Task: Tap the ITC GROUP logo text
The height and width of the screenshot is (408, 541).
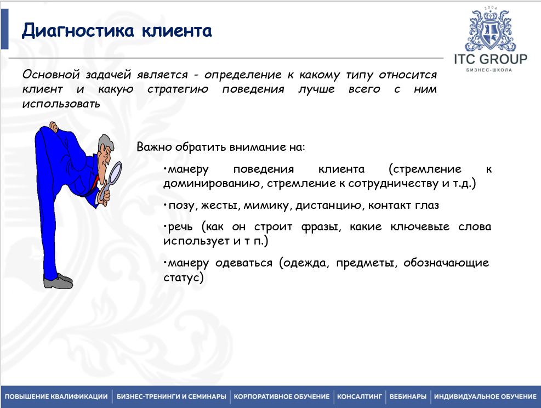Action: click(491, 59)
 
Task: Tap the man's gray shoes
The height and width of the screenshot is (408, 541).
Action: click(58, 282)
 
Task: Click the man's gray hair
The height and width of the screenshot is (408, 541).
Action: click(107, 144)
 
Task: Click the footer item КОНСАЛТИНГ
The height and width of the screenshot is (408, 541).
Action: click(359, 396)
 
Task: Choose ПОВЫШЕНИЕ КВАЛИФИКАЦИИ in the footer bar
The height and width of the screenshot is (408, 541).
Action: click(56, 396)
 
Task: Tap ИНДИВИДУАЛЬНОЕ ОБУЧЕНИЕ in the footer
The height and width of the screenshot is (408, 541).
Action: click(485, 396)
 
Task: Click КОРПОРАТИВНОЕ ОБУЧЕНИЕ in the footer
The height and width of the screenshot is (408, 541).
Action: click(282, 396)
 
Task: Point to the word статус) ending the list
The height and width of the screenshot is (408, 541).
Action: click(184, 278)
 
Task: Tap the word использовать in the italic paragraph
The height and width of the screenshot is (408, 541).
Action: click(61, 103)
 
